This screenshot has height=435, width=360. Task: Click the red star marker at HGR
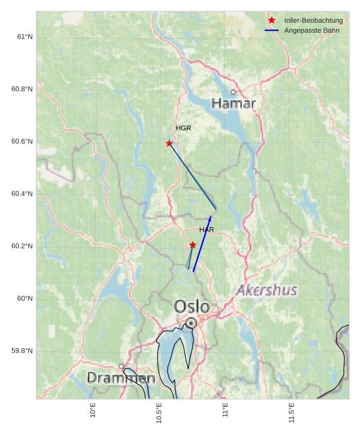pyautogui.click(x=169, y=144)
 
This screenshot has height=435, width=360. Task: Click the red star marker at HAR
pyautogui.click(x=193, y=245)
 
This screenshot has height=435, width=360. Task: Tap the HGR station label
pyautogui.click(x=183, y=128)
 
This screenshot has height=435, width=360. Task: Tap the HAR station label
pyautogui.click(x=206, y=230)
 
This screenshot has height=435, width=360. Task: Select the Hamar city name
pyautogui.click(x=233, y=103)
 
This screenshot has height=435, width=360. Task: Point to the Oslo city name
pyautogui.click(x=192, y=307)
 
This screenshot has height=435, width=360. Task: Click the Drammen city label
pyautogui.click(x=121, y=378)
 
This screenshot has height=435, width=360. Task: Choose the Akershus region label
pyautogui.click(x=267, y=290)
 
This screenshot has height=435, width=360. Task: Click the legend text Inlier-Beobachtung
pyautogui.click(x=313, y=21)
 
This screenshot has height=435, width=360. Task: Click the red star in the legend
pyautogui.click(x=272, y=21)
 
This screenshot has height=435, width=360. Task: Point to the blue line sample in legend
pyautogui.click(x=272, y=31)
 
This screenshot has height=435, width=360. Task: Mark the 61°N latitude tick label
pyautogui.click(x=24, y=37)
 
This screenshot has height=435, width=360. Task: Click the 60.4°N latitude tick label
pyautogui.click(x=22, y=194)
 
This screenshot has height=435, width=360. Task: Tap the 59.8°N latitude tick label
pyautogui.click(x=22, y=351)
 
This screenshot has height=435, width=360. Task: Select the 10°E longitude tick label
pyautogui.click(x=93, y=411)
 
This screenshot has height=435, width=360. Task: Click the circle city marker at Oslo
pyautogui.click(x=191, y=322)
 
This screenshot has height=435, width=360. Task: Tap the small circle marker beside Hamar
pyautogui.click(x=233, y=93)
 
